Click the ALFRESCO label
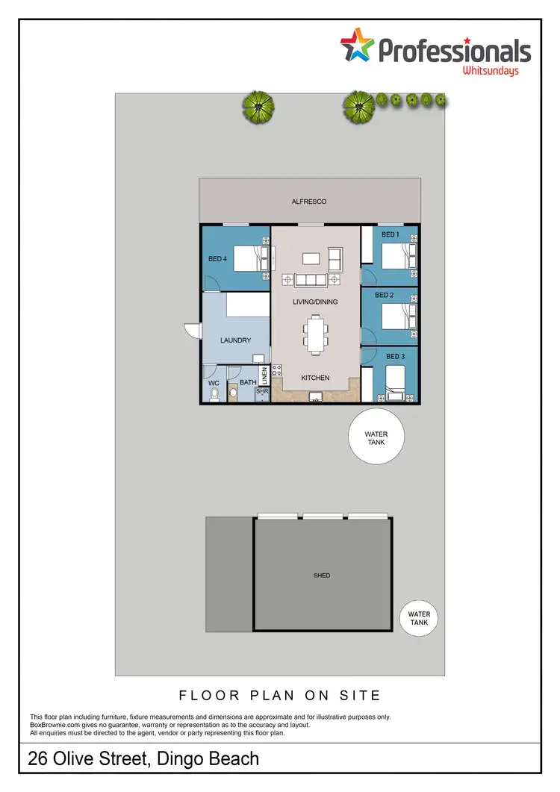click(x=309, y=202)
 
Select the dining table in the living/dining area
click(x=315, y=334)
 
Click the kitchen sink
click(x=316, y=399)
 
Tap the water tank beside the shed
click(x=419, y=619)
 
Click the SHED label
click(x=322, y=576)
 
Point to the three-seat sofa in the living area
click(x=311, y=280)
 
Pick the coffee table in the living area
click(x=311, y=258)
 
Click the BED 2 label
click(x=384, y=296)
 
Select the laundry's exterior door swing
click(x=193, y=331)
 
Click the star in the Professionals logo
click(x=358, y=46)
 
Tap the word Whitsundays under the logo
click(x=490, y=71)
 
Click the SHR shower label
click(x=262, y=390)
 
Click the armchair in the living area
click(x=334, y=259)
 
